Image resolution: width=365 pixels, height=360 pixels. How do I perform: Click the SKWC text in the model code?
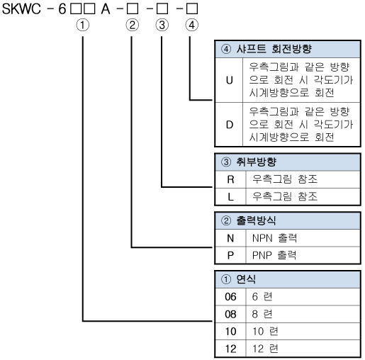pyautogui.click(x=21, y=9)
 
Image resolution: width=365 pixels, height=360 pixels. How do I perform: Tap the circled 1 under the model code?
pyautogui.click(x=83, y=25)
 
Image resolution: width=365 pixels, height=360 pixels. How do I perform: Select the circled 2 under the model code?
pyautogui.click(x=132, y=25)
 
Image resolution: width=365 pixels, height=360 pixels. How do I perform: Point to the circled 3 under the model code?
pyautogui.click(x=162, y=25)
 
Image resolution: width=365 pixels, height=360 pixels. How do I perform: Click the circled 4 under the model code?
pyautogui.click(x=191, y=25)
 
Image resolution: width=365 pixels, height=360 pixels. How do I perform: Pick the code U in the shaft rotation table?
pyautogui.click(x=230, y=80)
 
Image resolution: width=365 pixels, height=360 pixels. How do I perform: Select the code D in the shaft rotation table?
pyautogui.click(x=230, y=125)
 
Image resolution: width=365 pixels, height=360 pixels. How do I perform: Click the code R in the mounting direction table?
pyautogui.click(x=230, y=179)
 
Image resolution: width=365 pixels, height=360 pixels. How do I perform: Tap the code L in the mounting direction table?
pyautogui.click(x=230, y=197)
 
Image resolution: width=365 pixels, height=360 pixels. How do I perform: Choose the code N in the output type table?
pyautogui.click(x=230, y=238)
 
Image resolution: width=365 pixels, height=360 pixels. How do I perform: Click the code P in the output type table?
pyautogui.click(x=230, y=255)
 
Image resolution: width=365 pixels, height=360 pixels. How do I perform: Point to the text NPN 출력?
pyautogui.click(x=274, y=238)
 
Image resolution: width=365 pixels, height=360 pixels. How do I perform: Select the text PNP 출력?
pyautogui.click(x=274, y=255)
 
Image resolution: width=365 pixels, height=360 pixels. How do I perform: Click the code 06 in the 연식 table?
pyautogui.click(x=230, y=297)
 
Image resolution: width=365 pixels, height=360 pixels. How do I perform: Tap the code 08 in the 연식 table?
pyautogui.click(x=230, y=314)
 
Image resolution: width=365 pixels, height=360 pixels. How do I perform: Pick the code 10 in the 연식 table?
pyautogui.click(x=230, y=332)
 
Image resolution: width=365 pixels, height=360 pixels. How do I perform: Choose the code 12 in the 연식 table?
pyautogui.click(x=230, y=349)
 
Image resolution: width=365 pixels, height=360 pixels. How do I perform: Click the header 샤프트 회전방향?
pyautogui.click(x=274, y=49)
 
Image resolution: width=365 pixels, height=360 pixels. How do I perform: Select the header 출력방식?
pyautogui.click(x=256, y=220)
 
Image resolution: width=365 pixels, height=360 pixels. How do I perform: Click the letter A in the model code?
pyautogui.click(x=106, y=9)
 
